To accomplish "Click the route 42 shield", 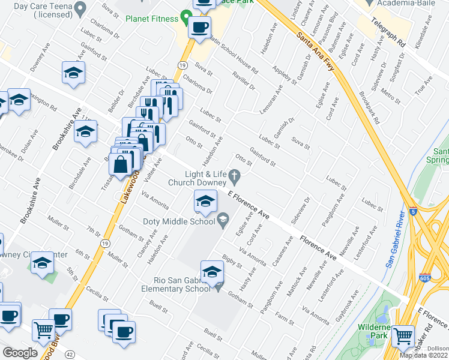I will (x=70, y=355).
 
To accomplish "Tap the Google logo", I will (x=20, y=353).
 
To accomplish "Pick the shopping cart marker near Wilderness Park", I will (x=403, y=335).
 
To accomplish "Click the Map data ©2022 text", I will (x=423, y=355).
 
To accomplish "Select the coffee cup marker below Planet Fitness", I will (x=199, y=27).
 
